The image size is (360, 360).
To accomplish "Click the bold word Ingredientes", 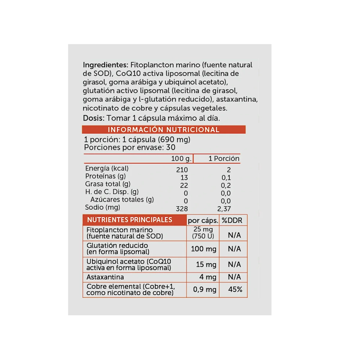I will (105, 65).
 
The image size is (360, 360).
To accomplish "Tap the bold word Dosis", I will (93, 118).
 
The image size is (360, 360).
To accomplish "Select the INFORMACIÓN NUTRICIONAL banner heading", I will (163, 130).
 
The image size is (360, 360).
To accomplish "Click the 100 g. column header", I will (181, 158).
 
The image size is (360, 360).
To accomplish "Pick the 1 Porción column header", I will (224, 158).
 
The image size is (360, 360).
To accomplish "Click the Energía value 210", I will (182, 170).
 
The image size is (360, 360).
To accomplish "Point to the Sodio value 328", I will (182, 209).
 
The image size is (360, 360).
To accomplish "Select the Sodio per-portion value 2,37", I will (224, 209).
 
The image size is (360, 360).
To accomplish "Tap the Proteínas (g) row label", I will (105, 176).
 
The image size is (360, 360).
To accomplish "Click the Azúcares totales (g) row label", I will (122, 199).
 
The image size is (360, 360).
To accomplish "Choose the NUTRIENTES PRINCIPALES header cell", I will (130, 220).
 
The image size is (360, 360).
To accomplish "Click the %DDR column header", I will (232, 220).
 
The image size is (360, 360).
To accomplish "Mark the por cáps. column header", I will (203, 220).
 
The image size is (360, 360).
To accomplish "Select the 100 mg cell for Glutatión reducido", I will (203, 249).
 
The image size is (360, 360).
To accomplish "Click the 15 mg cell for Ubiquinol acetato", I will (206, 265).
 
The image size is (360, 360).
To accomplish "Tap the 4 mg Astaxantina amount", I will (208, 277).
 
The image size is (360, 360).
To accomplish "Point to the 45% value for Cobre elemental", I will (235, 289).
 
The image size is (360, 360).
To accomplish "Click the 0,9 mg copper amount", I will (205, 289).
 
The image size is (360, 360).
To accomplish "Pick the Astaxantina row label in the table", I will (105, 277).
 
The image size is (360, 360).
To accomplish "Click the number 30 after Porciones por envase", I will (171, 147).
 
